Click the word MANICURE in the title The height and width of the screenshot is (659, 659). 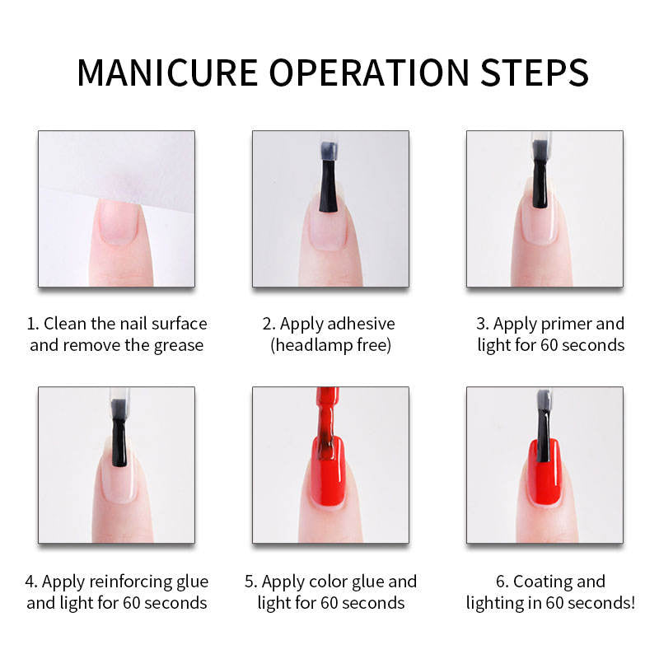167,72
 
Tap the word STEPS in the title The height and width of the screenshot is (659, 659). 534,72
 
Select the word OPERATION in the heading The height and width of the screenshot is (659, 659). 368,72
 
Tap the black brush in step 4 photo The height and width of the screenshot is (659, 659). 119,433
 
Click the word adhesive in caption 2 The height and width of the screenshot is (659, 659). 361,324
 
